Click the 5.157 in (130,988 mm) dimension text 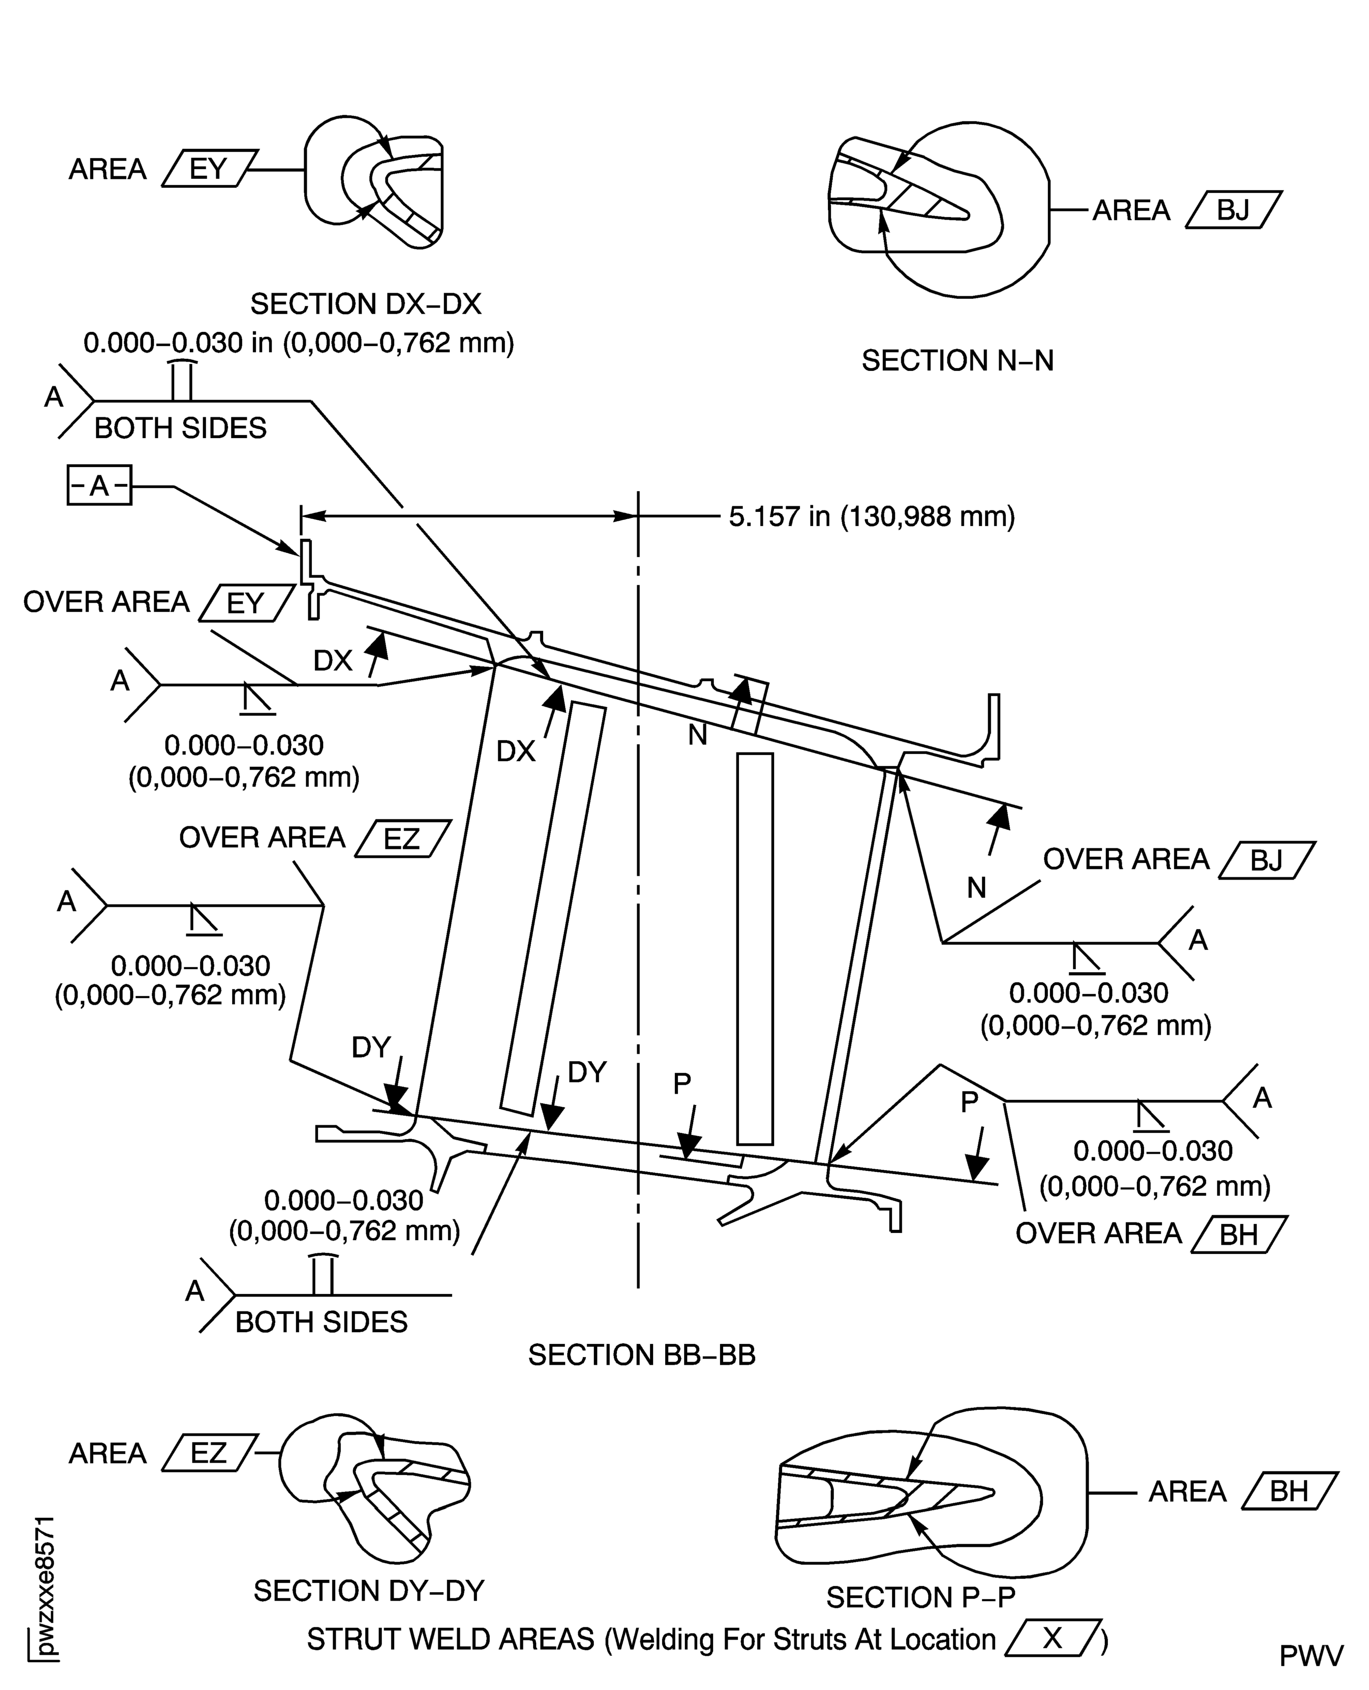pos(871,517)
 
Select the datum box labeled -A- pos(99,485)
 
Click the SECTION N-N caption pos(957,360)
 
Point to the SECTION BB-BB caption pos(641,1355)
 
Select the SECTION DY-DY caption pos(368,1591)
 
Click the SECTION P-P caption pos(920,1597)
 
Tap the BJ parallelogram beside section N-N pos(1233,210)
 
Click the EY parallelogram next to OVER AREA pos(245,603)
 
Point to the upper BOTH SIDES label pos(180,428)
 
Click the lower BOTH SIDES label pos(321,1322)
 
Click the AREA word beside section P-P pos(1187,1492)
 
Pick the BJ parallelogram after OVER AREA pos(1267,861)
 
